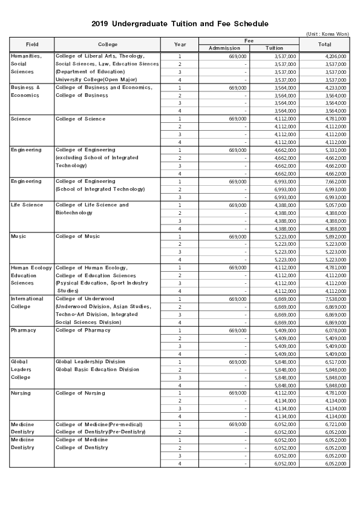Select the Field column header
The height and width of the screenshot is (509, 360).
(32, 44)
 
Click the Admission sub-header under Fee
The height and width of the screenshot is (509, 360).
(224, 48)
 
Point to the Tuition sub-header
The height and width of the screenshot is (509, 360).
(274, 48)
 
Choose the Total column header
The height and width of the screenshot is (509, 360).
(324, 44)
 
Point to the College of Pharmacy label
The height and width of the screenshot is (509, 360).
(83, 330)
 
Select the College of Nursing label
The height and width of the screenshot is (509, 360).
(80, 393)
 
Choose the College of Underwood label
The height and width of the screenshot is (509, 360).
(84, 299)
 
